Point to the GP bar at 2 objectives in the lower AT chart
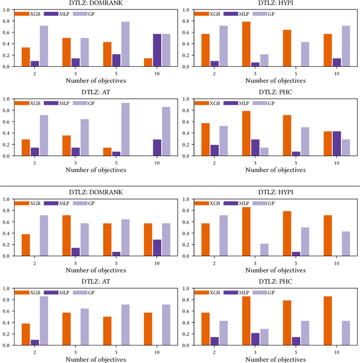[43, 321]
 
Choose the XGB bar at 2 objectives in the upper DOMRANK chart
[26, 57]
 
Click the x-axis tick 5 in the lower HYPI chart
[297, 261]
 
